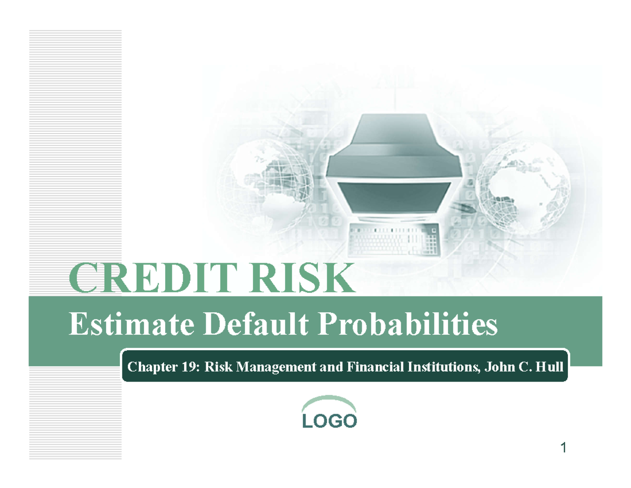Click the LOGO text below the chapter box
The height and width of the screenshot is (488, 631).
pyautogui.click(x=330, y=421)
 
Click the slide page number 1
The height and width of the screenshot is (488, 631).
pyautogui.click(x=563, y=449)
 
